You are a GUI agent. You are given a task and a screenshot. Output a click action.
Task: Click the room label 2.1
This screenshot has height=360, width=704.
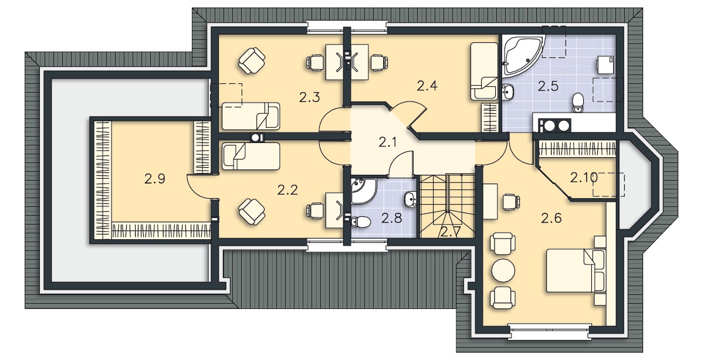click(x=387, y=142)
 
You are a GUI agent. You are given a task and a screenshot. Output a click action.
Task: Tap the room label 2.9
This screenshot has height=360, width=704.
click(x=155, y=179)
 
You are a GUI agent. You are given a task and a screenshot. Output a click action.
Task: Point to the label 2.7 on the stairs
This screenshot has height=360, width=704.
click(x=451, y=232)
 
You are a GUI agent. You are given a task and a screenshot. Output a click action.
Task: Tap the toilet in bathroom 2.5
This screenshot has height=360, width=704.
click(x=578, y=103)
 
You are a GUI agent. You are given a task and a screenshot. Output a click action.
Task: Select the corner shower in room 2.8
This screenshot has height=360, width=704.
click(x=364, y=191)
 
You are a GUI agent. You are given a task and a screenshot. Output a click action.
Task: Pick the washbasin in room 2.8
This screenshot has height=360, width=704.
click(x=410, y=199)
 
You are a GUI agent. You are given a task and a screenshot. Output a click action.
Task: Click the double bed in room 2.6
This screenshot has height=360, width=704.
click(x=576, y=270)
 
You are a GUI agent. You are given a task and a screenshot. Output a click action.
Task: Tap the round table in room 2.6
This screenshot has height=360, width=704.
click(x=503, y=271)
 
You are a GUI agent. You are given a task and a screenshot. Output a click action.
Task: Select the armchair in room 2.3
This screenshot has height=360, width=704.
click(x=252, y=60)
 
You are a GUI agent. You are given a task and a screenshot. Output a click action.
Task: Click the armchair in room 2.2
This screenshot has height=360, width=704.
click(x=252, y=212)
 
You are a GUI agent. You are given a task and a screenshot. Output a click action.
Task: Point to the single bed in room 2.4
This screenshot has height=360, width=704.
click(x=484, y=72)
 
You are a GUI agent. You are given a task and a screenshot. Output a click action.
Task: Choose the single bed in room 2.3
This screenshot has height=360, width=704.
click(x=251, y=116)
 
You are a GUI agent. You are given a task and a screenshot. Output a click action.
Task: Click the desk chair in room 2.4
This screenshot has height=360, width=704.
click(x=379, y=63)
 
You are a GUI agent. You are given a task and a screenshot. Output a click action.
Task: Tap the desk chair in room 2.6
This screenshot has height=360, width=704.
click(x=511, y=202)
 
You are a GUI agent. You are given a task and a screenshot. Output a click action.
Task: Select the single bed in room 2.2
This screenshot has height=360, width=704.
click(x=251, y=156)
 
